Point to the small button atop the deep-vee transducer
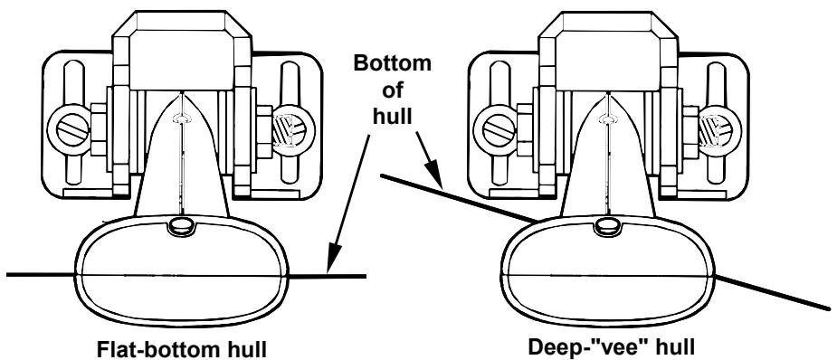pos(602,223)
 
